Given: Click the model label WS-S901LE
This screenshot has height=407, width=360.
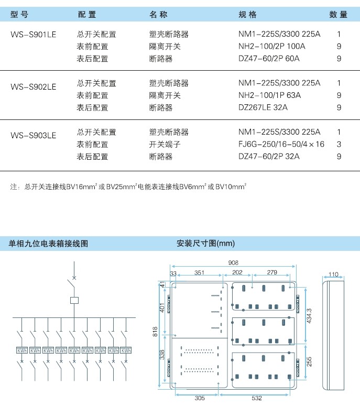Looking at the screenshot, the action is pyautogui.click(x=33, y=35).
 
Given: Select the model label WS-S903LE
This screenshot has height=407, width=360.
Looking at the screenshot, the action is pyautogui.click(x=33, y=135).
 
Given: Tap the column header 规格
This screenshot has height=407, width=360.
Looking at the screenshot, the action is pyautogui.click(x=247, y=14).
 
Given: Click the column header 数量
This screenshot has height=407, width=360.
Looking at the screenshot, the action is pyautogui.click(x=338, y=14).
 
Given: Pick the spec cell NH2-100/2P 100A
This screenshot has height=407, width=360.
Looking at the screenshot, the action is pyautogui.click(x=271, y=46).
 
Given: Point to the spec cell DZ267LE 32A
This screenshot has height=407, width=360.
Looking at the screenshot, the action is pyautogui.click(x=263, y=107).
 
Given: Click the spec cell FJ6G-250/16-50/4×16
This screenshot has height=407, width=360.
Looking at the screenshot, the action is pyautogui.click(x=281, y=144).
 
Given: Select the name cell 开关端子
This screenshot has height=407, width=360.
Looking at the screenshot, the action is pyautogui.click(x=165, y=145).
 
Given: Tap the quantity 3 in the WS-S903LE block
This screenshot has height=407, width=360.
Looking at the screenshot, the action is pyautogui.click(x=339, y=145).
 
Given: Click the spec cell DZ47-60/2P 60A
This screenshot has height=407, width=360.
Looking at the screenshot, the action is pyautogui.click(x=269, y=58).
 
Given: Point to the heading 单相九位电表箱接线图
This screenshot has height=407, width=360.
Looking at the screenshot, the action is pyautogui.click(x=48, y=244).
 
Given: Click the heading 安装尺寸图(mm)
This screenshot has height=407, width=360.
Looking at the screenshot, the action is pyautogui.click(x=205, y=243).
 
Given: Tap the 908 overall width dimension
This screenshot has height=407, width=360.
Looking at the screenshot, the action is pyautogui.click(x=233, y=262).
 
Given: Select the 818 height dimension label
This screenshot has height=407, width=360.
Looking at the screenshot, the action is pyautogui.click(x=155, y=332).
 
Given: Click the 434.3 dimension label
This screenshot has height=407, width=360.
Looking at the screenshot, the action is pyautogui.click(x=309, y=316).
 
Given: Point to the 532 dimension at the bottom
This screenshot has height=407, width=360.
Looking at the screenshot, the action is pyautogui.click(x=257, y=398).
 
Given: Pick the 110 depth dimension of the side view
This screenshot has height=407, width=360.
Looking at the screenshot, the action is pyautogui.click(x=333, y=274).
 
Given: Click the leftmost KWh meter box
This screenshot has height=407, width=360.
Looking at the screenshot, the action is pyautogui.click(x=22, y=350).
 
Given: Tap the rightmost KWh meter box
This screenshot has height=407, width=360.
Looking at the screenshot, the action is pyautogui.click(x=126, y=350).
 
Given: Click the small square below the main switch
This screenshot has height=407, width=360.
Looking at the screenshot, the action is pyautogui.click(x=74, y=300).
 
